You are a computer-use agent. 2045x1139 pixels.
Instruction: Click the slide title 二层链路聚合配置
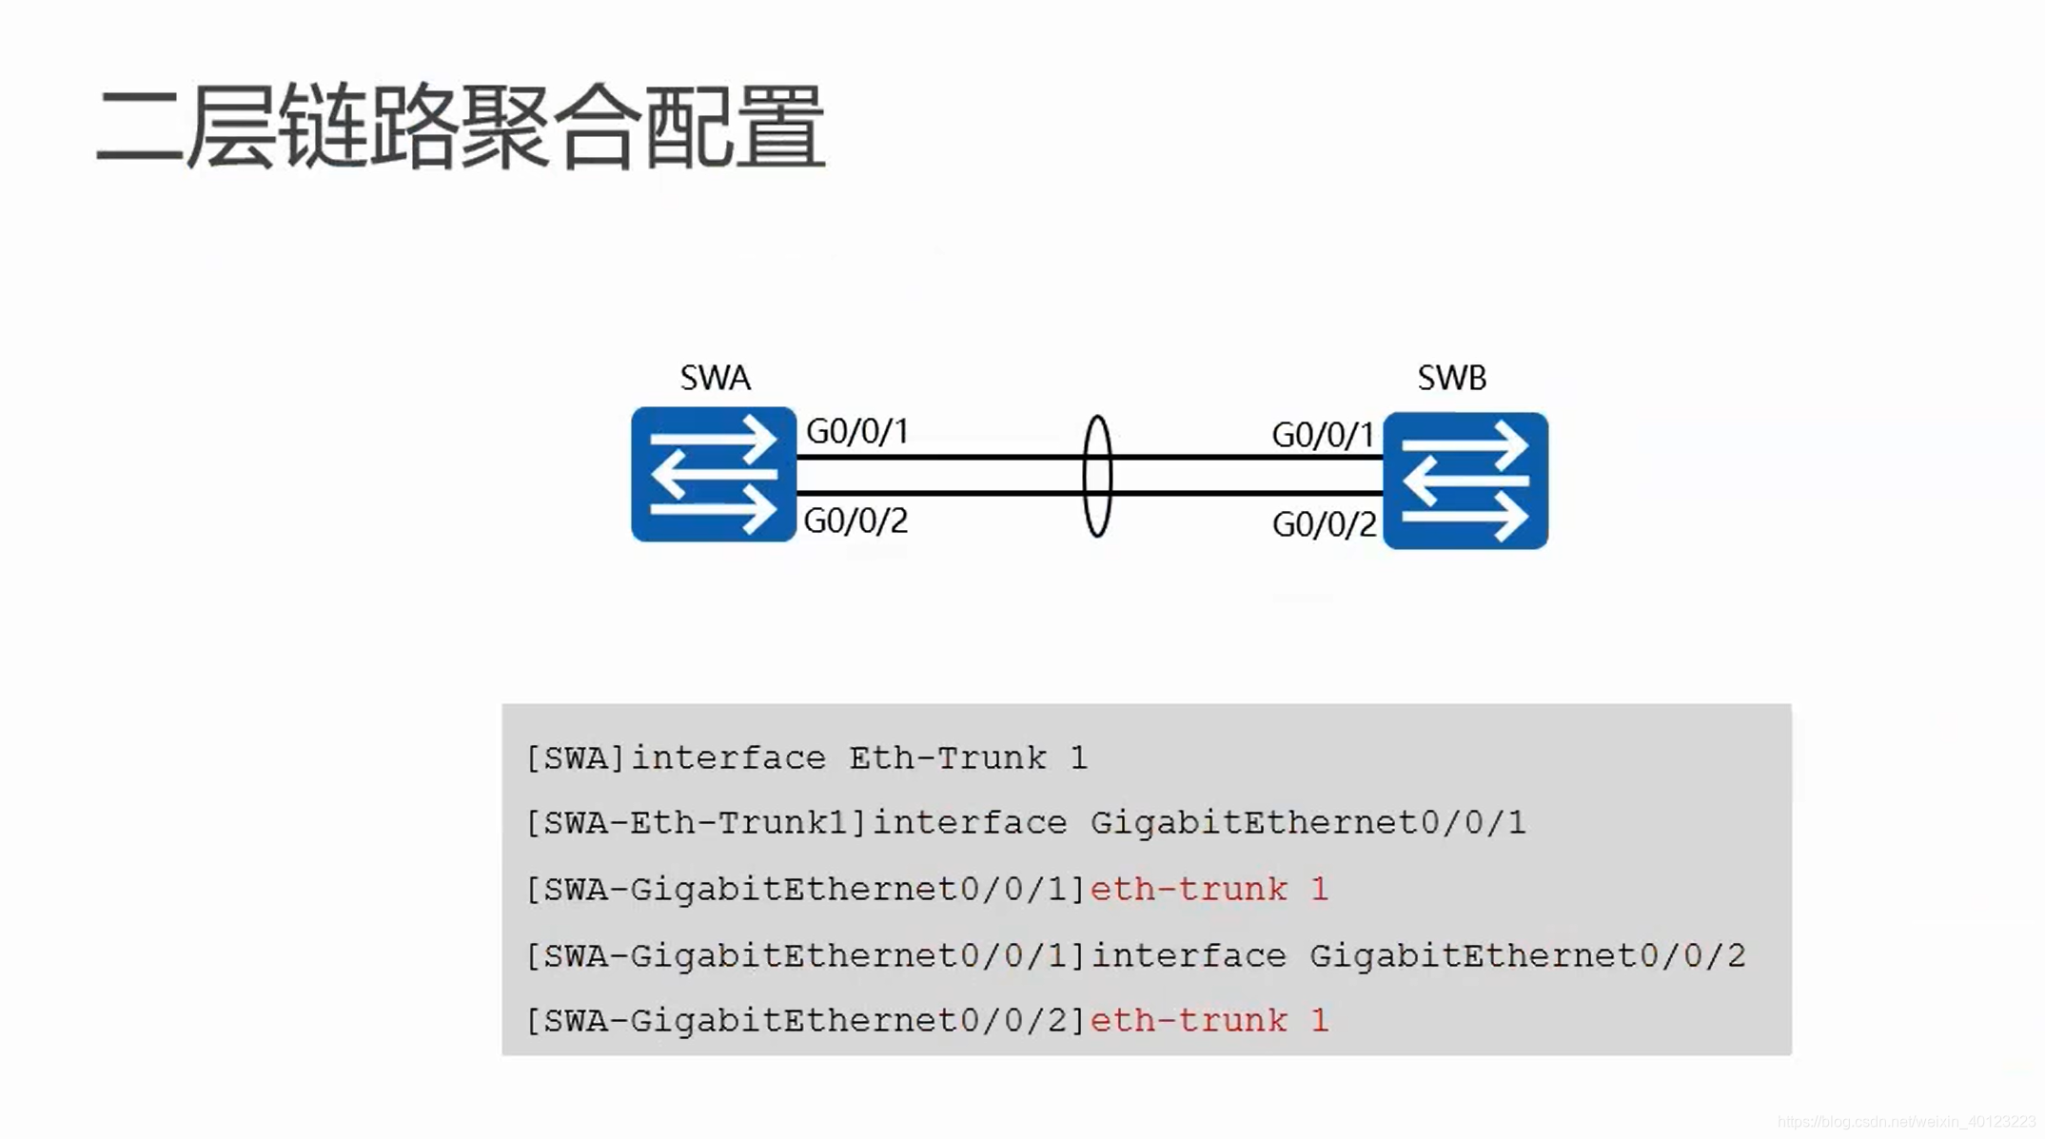click(461, 127)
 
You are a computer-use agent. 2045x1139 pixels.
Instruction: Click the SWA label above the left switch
click(715, 378)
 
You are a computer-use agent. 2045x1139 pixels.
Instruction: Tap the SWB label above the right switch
click(1451, 378)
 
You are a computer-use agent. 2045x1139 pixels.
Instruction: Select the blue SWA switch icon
click(713, 474)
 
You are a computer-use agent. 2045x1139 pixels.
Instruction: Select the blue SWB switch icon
click(1465, 481)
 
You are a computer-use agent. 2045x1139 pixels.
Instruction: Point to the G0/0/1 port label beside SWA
click(857, 431)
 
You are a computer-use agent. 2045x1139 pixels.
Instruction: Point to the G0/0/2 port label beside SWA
click(855, 520)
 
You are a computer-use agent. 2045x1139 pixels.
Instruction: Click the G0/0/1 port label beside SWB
click(1323, 436)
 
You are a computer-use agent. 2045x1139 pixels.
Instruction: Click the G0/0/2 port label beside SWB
click(1324, 524)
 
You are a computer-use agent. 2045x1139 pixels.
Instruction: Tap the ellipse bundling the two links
click(1097, 476)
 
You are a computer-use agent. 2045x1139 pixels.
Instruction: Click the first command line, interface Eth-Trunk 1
click(806, 758)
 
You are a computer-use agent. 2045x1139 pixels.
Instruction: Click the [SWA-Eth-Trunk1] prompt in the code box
click(697, 823)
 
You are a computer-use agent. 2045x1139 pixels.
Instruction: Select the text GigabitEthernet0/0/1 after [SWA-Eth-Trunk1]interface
click(1308, 823)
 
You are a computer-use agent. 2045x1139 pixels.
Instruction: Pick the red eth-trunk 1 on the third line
click(1209, 890)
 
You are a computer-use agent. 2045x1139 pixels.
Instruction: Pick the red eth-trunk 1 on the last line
click(1209, 1021)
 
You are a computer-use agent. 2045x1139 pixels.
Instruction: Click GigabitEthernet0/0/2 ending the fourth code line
click(1527, 955)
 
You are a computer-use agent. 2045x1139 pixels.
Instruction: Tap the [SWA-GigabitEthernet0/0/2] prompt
click(806, 1021)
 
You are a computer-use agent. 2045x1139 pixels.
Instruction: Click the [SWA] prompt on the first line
click(576, 758)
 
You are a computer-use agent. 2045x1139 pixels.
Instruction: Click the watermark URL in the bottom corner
click(1906, 1122)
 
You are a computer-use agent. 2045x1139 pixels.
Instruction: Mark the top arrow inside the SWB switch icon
click(1465, 445)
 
